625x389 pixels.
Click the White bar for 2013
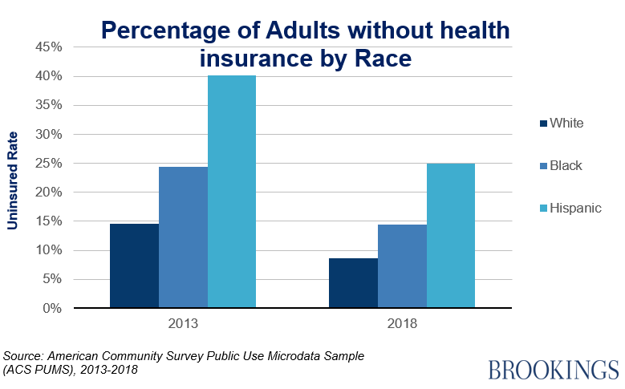point(134,265)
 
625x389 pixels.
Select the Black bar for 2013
point(183,237)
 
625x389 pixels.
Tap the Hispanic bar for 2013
point(232,192)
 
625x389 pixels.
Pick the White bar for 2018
point(353,282)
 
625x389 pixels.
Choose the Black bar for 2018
point(402,265)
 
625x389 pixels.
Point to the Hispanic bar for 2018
point(451,235)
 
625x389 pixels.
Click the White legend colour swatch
point(543,124)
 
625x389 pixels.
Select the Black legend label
point(566,166)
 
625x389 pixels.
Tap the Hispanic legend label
point(575,208)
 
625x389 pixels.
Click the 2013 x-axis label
point(183,325)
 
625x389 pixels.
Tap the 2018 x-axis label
point(402,325)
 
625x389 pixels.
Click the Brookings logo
point(553,370)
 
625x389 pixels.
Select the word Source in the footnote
point(22,355)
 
